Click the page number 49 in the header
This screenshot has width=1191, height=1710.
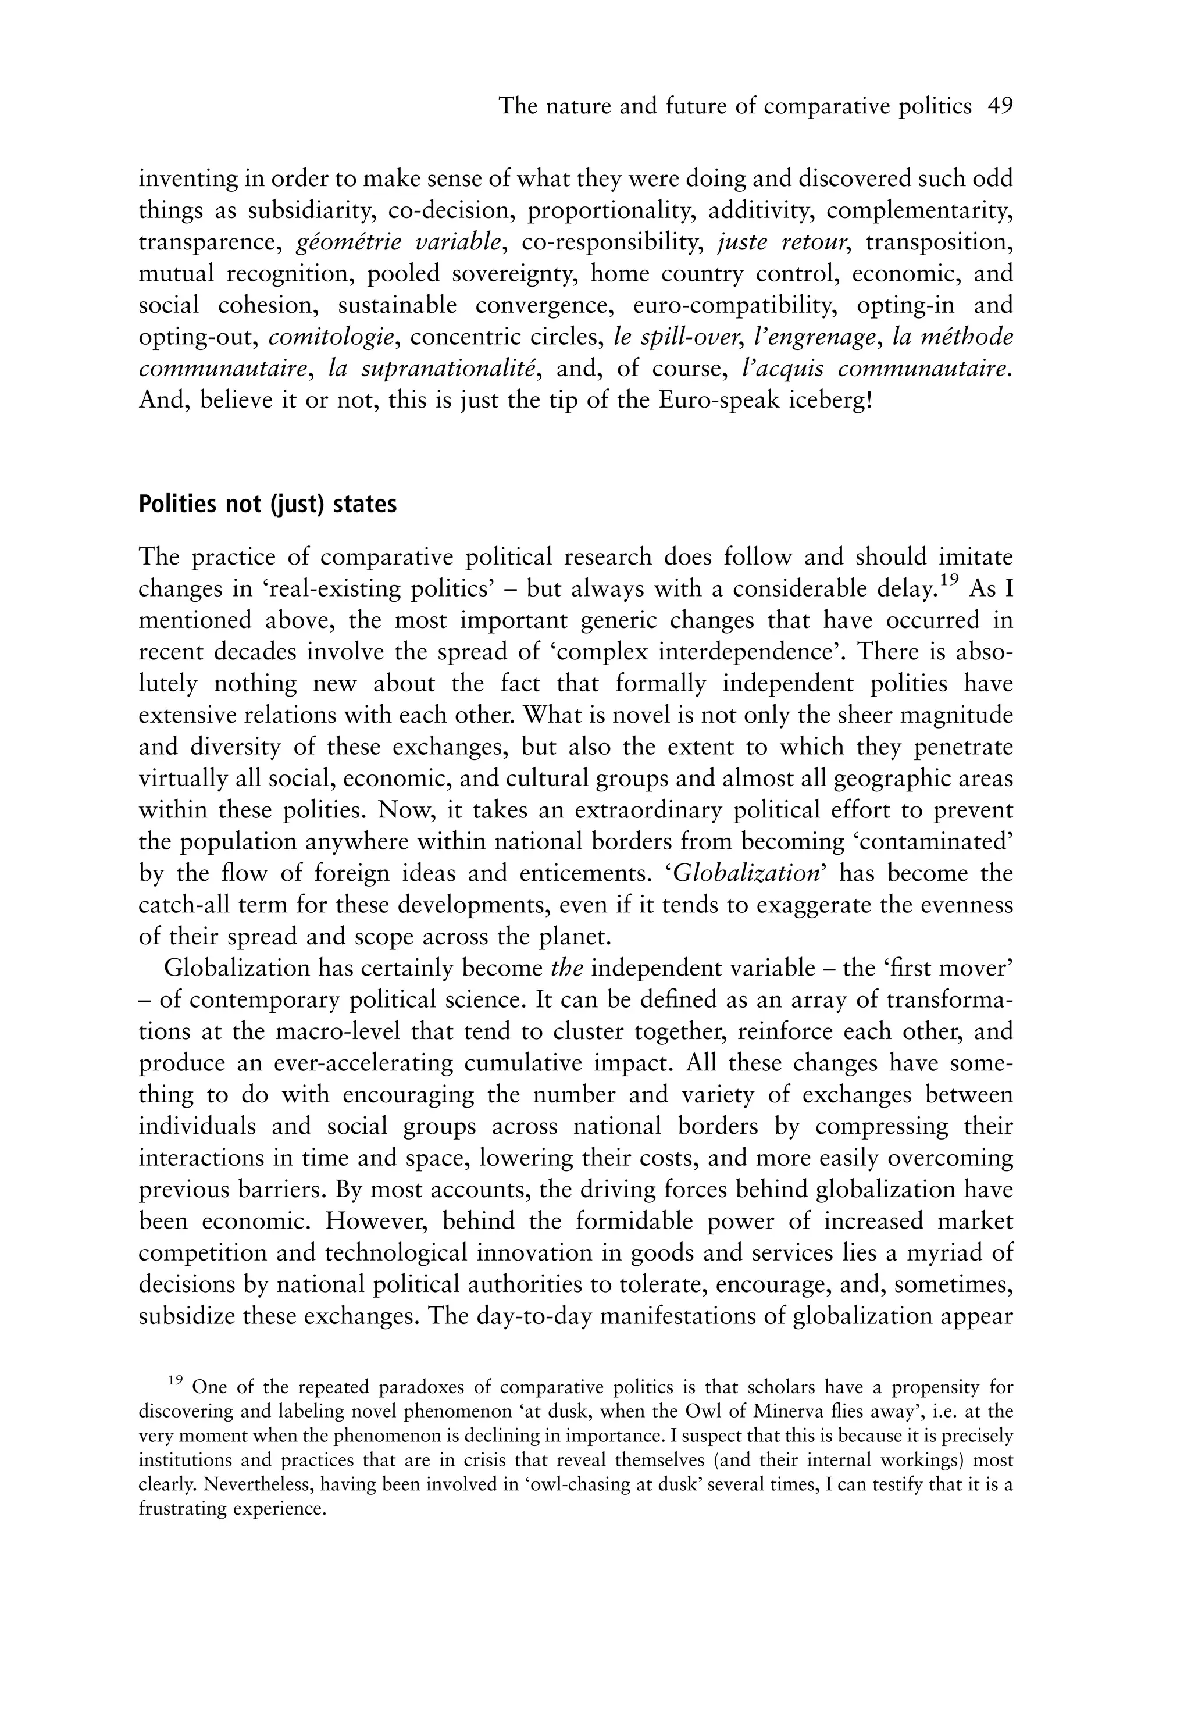(x=1000, y=106)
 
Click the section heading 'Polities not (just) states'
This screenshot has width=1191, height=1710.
(x=268, y=504)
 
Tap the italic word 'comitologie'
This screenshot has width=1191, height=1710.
(x=331, y=337)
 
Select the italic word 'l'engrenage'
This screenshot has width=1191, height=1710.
(x=814, y=337)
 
